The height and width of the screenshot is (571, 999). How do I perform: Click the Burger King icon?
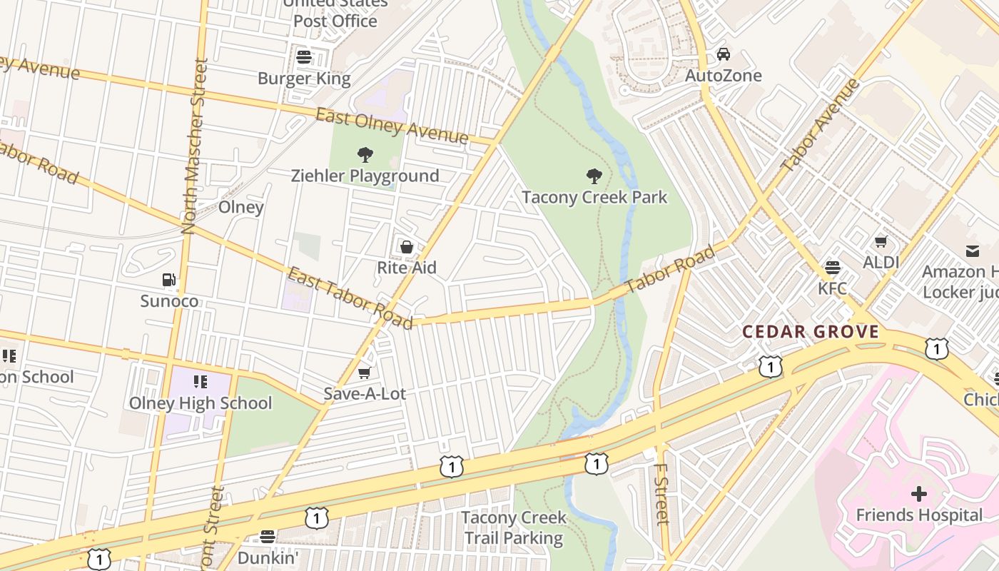coord(304,57)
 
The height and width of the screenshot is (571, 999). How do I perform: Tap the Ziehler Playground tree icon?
coord(365,154)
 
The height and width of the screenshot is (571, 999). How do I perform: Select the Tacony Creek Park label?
coord(594,197)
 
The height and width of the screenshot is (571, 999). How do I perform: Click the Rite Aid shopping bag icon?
coord(406,247)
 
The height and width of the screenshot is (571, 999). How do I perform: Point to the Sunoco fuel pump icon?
coord(169,280)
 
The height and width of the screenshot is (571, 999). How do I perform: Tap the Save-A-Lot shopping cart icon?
coord(365,373)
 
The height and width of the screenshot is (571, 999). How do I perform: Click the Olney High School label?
coord(201,403)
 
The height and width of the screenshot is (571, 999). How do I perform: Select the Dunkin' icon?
coord(268,537)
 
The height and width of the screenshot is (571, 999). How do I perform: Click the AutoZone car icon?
coord(724,54)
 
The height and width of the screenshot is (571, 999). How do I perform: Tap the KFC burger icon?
coord(832,268)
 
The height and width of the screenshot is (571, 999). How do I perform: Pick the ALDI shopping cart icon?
coord(881,241)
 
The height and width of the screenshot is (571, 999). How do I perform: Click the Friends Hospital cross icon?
coord(919,493)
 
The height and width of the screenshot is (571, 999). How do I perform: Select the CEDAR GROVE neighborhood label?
coord(811,332)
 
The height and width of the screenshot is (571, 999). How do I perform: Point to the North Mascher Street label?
coord(193,146)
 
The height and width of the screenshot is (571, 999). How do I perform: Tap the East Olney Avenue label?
coord(392,126)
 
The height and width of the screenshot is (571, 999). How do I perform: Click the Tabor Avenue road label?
coord(820,126)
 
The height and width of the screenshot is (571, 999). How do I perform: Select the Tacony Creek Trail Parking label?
coord(514,527)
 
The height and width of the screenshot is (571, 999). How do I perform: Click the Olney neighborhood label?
coord(240,207)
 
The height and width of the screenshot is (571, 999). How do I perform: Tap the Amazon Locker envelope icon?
coord(973,251)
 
